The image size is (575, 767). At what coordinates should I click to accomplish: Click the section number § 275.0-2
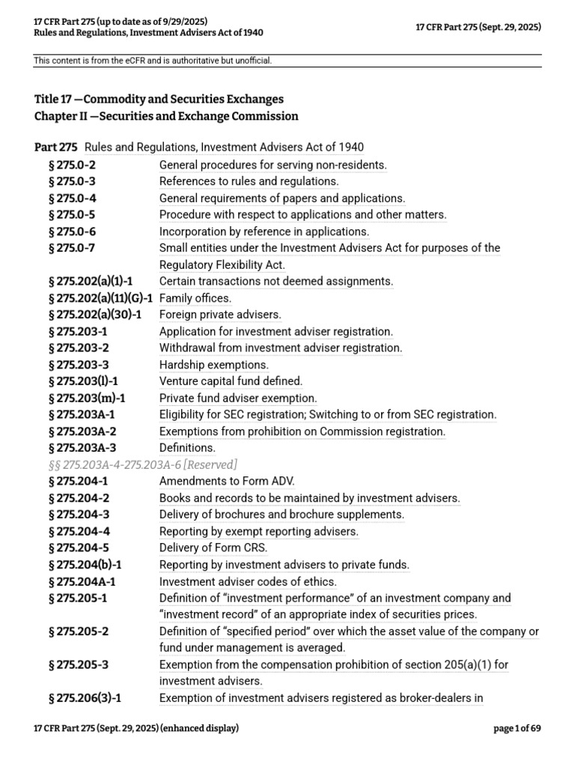point(72,165)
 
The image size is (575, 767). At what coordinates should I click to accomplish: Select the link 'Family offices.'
point(195,298)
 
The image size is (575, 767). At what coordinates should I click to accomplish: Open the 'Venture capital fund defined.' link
point(231,381)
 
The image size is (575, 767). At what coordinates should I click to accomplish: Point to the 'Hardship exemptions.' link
point(213,365)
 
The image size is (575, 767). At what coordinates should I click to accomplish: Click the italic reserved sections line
point(143,464)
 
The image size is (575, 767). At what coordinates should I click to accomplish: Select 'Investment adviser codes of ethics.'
point(248,581)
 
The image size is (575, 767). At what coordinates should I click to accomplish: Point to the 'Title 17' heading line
point(159,99)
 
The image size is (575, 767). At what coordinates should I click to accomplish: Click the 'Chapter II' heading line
point(166,116)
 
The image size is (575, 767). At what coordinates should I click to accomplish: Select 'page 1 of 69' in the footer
point(516,728)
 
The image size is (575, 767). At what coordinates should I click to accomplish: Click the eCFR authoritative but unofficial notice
point(153,60)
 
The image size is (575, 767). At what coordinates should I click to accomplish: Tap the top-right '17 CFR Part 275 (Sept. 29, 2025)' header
point(478,27)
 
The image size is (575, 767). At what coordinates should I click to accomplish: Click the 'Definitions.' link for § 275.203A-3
point(187,448)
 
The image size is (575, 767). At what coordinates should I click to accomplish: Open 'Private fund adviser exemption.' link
point(238,398)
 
